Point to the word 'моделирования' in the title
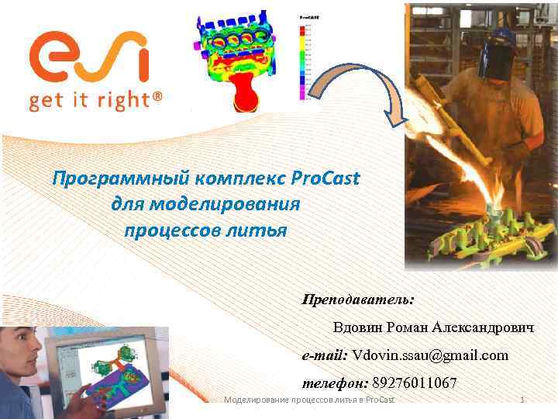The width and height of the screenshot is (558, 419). click(205, 204)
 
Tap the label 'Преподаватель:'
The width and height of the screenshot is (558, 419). click(358, 299)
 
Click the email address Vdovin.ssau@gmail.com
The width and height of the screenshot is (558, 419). click(430, 355)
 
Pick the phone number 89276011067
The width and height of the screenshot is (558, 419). click(415, 383)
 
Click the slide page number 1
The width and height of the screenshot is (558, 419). click(522, 400)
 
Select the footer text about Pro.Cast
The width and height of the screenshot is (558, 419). click(308, 400)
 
